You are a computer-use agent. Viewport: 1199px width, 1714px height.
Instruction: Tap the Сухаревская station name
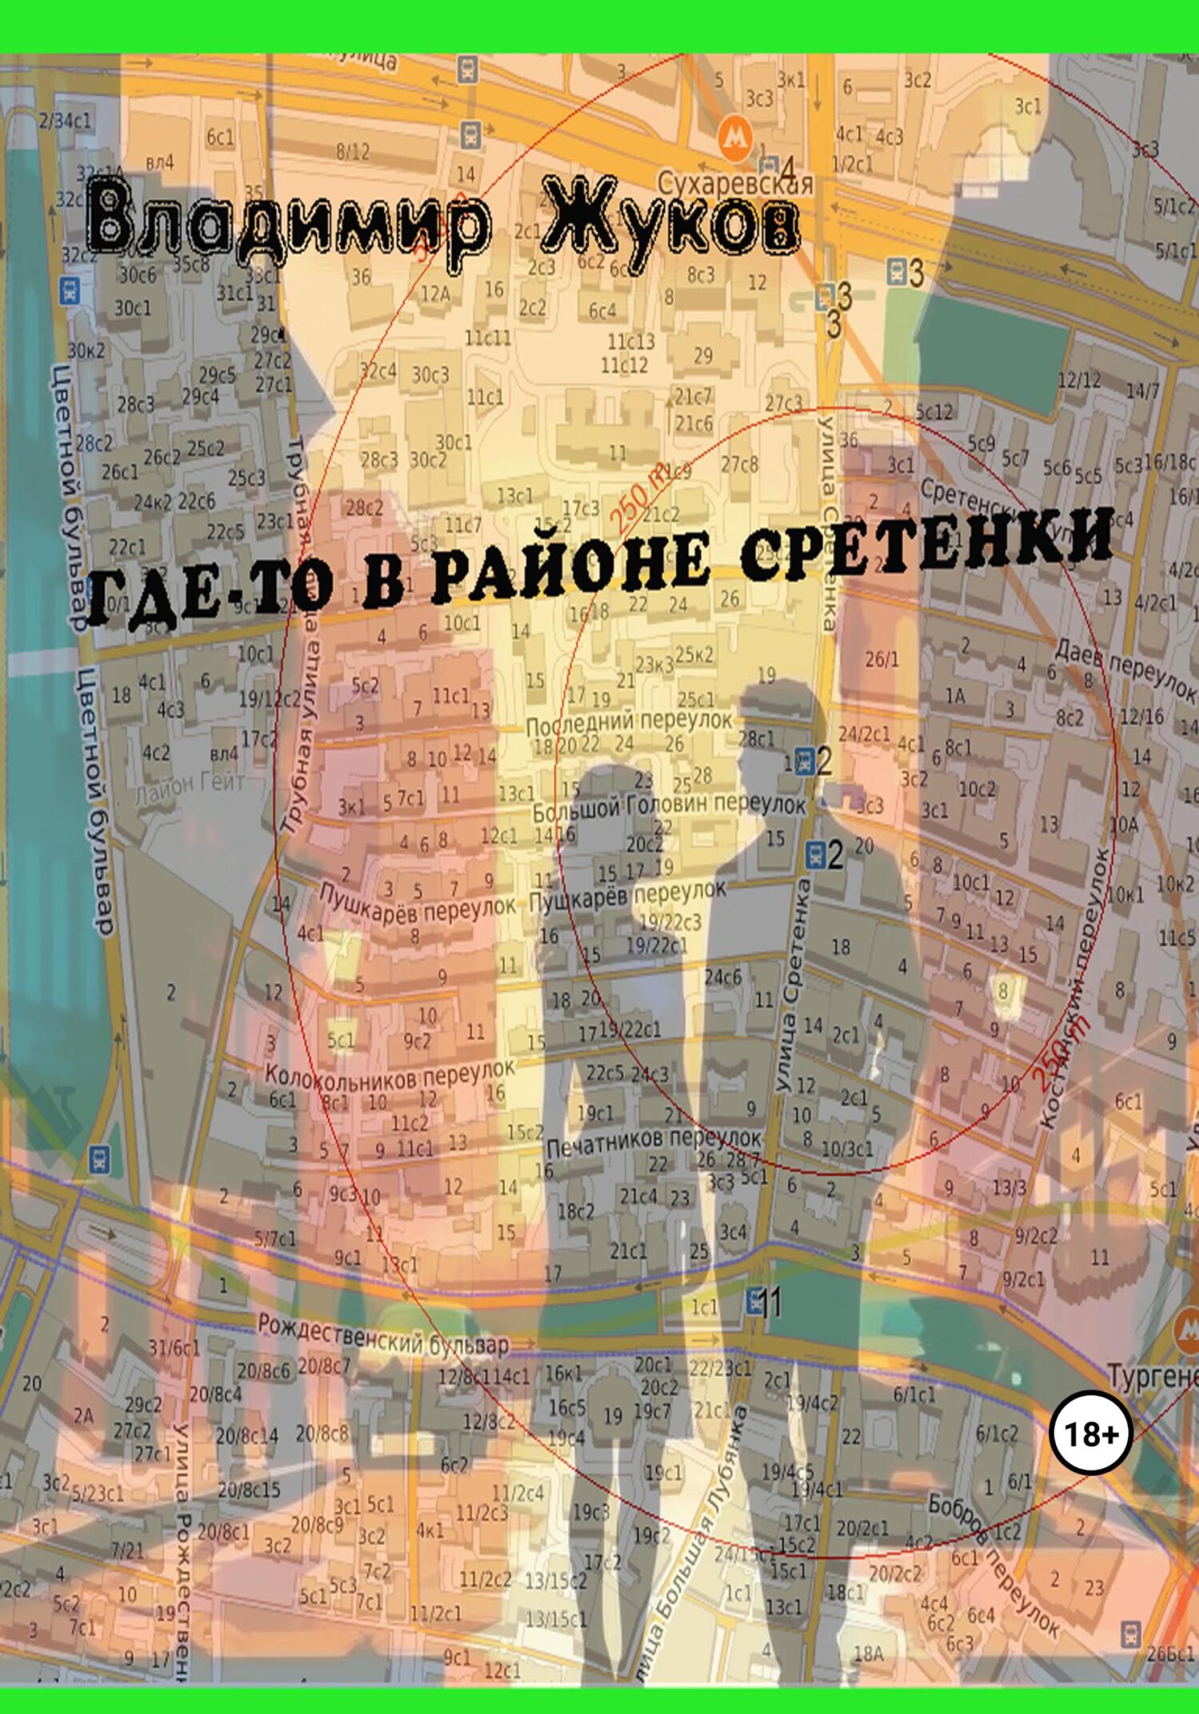click(735, 184)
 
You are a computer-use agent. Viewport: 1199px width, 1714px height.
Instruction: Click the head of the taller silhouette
click(771, 720)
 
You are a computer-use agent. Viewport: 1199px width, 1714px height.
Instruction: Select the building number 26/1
click(882, 659)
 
